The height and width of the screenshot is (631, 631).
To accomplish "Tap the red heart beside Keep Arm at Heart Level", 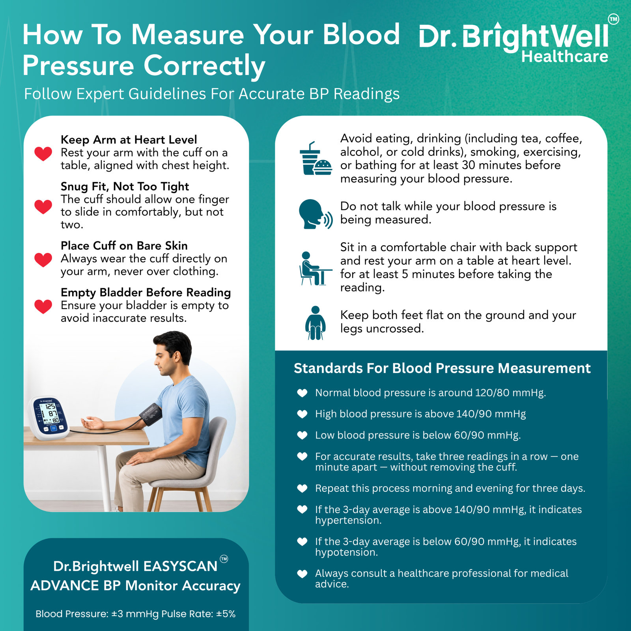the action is [43, 153].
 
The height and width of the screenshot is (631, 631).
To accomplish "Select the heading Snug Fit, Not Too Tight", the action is [125, 187].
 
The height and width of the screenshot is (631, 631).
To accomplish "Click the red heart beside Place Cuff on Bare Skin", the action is [43, 259].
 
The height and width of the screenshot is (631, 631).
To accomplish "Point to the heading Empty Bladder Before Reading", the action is [146, 293].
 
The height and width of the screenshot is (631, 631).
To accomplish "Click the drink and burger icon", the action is [315, 159].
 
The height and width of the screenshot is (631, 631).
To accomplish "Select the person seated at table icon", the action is [315, 268].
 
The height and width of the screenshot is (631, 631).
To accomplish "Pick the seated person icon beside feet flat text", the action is [315, 323].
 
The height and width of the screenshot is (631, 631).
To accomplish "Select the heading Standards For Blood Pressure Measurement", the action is [442, 368].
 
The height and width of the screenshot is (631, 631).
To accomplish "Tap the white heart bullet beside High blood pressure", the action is [302, 414].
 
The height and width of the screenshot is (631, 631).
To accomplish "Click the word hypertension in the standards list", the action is [348, 521].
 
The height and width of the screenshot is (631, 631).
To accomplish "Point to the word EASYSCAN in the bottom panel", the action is [180, 566].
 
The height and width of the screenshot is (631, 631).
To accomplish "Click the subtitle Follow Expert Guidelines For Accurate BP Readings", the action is [212, 94].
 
